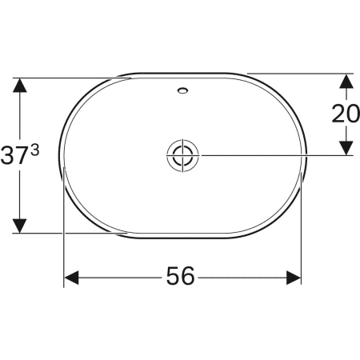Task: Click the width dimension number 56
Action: click(x=181, y=277)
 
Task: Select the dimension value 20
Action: click(x=346, y=114)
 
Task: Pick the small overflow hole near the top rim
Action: click(x=184, y=90)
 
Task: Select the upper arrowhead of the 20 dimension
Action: click(x=346, y=82)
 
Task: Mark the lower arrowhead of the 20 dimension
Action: click(x=346, y=147)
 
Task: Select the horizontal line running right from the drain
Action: click(x=272, y=154)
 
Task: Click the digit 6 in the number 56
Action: click(x=189, y=277)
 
